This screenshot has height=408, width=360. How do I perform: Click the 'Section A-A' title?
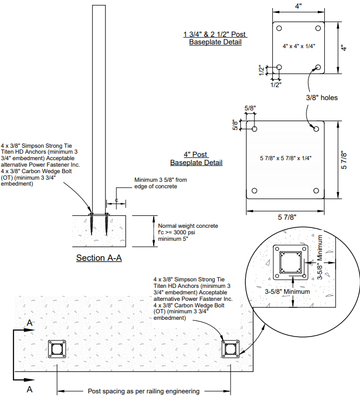pyautogui.click(x=99, y=258)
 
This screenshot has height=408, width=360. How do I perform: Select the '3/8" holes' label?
pyautogui.click(x=322, y=98)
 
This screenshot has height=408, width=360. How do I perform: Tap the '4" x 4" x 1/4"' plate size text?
pyautogui.click(x=299, y=47)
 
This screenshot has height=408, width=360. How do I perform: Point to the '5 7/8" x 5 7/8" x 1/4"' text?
pyautogui.click(x=285, y=158)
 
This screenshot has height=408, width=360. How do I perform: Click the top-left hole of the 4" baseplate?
pyautogui.click(x=279, y=28)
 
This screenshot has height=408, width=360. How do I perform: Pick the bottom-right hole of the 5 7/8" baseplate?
pyautogui.click(x=316, y=190)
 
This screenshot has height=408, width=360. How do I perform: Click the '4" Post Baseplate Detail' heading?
pyautogui.click(x=197, y=159)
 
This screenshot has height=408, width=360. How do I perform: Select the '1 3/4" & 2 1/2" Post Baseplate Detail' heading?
pyautogui.click(x=215, y=38)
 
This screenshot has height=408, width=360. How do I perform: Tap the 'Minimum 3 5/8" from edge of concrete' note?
pyautogui.click(x=161, y=183)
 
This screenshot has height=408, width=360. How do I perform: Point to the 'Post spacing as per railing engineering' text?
pyautogui.click(x=143, y=391)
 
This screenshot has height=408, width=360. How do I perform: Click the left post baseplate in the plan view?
pyautogui.click(x=57, y=349)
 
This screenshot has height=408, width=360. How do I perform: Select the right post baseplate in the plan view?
pyautogui.click(x=231, y=349)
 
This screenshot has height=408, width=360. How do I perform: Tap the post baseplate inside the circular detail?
pyautogui.click(x=291, y=262)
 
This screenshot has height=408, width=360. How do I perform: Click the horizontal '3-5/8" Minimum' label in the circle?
pyautogui.click(x=287, y=292)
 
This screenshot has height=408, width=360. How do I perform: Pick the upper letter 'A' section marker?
pyautogui.click(x=30, y=323)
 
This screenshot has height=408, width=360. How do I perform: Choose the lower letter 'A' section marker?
pyautogui.click(x=30, y=389)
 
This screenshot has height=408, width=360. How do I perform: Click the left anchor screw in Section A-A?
pyautogui.click(x=91, y=224)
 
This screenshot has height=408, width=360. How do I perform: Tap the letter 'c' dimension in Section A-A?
pyautogui.click(x=116, y=200)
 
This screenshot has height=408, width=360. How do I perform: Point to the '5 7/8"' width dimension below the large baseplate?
pyautogui.click(x=287, y=217)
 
